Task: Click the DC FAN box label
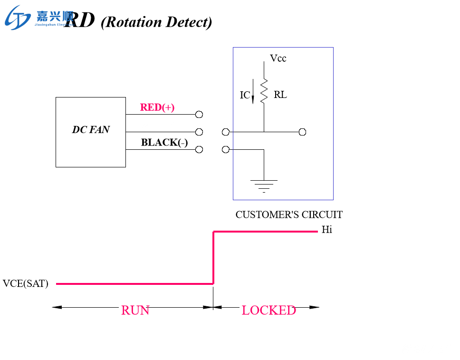click(90, 129)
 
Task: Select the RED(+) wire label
click(157, 107)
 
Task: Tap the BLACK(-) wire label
click(164, 143)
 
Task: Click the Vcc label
click(278, 58)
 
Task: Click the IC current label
click(245, 95)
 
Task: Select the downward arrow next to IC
click(253, 91)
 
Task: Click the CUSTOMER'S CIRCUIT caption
click(289, 214)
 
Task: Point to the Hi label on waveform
click(327, 230)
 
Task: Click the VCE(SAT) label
click(26, 284)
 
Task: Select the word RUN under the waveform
click(135, 311)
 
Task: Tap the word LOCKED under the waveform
click(268, 311)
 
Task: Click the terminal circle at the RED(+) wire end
click(199, 115)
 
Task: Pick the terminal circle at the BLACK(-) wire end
click(199, 149)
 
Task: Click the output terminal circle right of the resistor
click(302, 132)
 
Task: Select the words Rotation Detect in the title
click(156, 22)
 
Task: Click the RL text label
click(280, 95)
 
